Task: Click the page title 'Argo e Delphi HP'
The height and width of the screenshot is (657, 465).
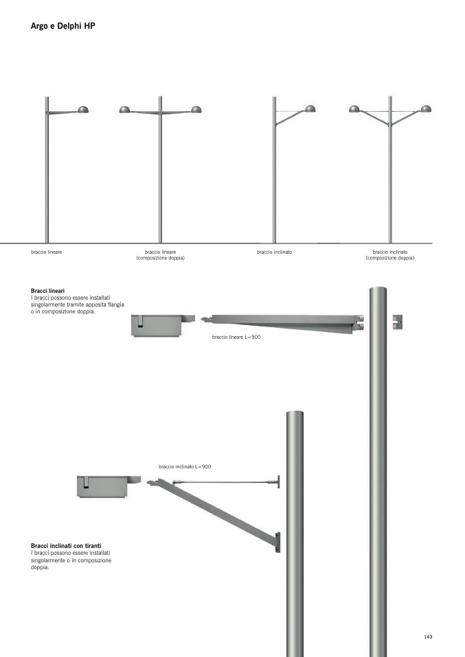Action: [63, 26]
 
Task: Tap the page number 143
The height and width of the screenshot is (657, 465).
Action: [428, 636]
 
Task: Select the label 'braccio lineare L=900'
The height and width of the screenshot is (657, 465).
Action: [236, 337]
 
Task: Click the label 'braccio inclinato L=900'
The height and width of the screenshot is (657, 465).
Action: [185, 466]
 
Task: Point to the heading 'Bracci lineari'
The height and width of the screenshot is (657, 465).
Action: [48, 290]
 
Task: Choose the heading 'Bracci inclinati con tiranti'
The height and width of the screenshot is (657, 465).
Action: [66, 545]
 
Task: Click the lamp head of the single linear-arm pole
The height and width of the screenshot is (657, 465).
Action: [83, 110]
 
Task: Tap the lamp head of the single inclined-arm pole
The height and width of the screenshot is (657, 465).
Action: [310, 109]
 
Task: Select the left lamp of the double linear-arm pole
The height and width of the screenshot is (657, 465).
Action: [124, 110]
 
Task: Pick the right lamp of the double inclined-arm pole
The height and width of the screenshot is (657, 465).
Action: [426, 108]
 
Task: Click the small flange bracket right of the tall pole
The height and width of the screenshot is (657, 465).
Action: [398, 322]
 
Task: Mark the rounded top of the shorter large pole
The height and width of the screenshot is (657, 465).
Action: [295, 414]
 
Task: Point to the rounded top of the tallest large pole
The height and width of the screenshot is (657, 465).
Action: [378, 290]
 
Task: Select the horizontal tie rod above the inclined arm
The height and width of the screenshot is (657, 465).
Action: [226, 482]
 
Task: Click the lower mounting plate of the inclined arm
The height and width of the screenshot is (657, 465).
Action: [277, 542]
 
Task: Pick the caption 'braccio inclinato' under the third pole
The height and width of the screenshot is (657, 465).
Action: [275, 252]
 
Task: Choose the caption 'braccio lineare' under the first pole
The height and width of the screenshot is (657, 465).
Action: [47, 252]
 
